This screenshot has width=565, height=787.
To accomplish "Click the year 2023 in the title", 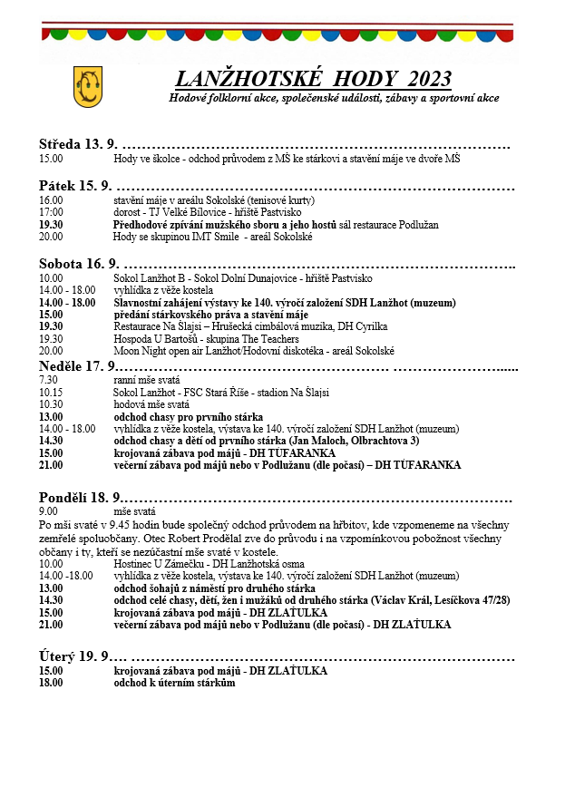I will tap(430, 78).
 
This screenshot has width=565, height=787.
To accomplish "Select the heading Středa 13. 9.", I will tap(78, 144).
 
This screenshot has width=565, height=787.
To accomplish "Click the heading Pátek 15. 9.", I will tap(74, 185).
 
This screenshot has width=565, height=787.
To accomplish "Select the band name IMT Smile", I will tap(228, 237).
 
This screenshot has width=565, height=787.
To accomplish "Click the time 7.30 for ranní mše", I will tap(48, 380).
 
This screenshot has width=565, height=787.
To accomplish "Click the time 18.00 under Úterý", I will tap(51, 683).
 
